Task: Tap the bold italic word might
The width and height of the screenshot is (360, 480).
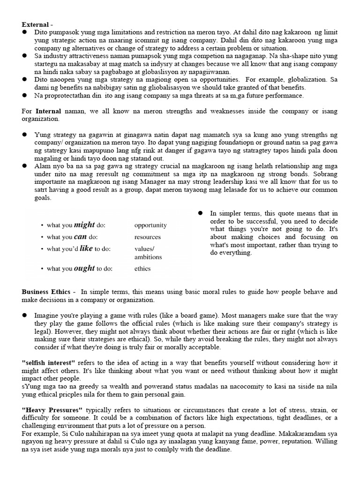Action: point(84,225)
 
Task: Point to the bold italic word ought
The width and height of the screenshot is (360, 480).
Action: point(84,269)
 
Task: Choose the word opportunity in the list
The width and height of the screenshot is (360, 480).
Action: point(150,225)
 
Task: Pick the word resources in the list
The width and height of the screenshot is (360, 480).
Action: point(147,237)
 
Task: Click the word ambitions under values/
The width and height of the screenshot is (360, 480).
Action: point(148,257)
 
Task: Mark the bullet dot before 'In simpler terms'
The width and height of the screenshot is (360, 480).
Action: point(200,213)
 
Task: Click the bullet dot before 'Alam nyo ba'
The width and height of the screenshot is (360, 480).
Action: point(24,166)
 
